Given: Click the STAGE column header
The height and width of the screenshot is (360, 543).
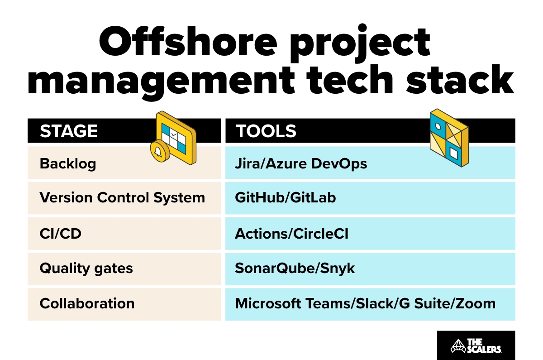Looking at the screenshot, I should click(69, 131).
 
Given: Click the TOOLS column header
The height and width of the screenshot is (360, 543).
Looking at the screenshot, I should click(266, 131).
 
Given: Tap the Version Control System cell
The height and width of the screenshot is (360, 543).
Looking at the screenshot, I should click(122, 198).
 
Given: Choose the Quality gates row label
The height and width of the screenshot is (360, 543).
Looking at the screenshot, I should click(86, 269).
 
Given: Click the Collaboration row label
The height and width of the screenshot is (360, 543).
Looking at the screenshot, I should click(87, 303).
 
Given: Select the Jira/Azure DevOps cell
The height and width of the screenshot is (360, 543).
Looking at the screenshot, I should click(301, 163).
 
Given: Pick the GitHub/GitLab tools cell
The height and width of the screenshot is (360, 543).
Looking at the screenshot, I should click(285, 198).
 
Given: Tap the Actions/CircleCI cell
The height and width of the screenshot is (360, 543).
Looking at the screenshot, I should click(291, 234).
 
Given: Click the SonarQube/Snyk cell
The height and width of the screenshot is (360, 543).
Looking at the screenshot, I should click(295, 269).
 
